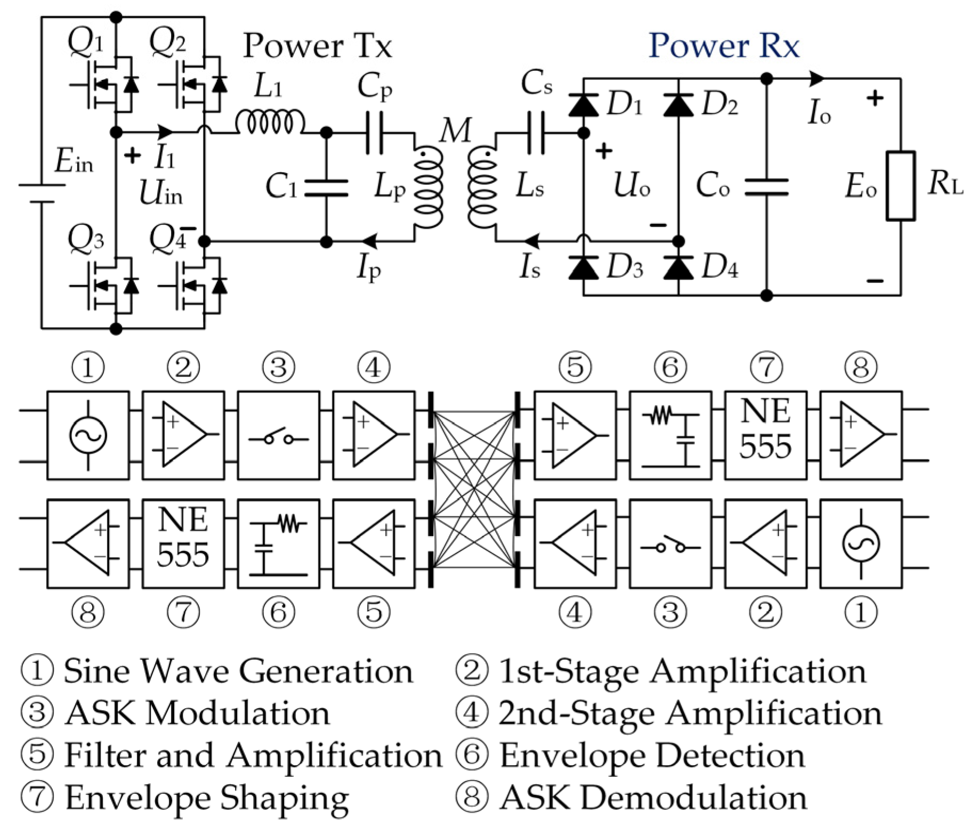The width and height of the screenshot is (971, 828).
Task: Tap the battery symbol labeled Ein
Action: coord(42,193)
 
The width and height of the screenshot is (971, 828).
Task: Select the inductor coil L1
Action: coord(270,123)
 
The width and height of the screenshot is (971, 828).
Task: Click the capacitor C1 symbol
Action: coord(326,188)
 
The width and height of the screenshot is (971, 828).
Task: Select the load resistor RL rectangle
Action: coord(900,186)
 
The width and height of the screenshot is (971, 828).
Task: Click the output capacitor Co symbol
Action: coord(766,187)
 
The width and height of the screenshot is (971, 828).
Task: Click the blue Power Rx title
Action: coord(723,46)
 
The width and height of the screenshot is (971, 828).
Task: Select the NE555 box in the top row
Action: coord(765,435)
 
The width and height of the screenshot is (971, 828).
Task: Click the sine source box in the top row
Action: coord(88,435)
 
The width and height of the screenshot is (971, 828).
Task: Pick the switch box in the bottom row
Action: coord(670,543)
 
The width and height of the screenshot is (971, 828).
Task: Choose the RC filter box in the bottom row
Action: coord(278,543)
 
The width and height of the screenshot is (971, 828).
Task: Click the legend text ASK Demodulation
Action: coord(653,798)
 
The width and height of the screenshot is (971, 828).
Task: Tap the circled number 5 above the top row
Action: coord(574,367)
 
